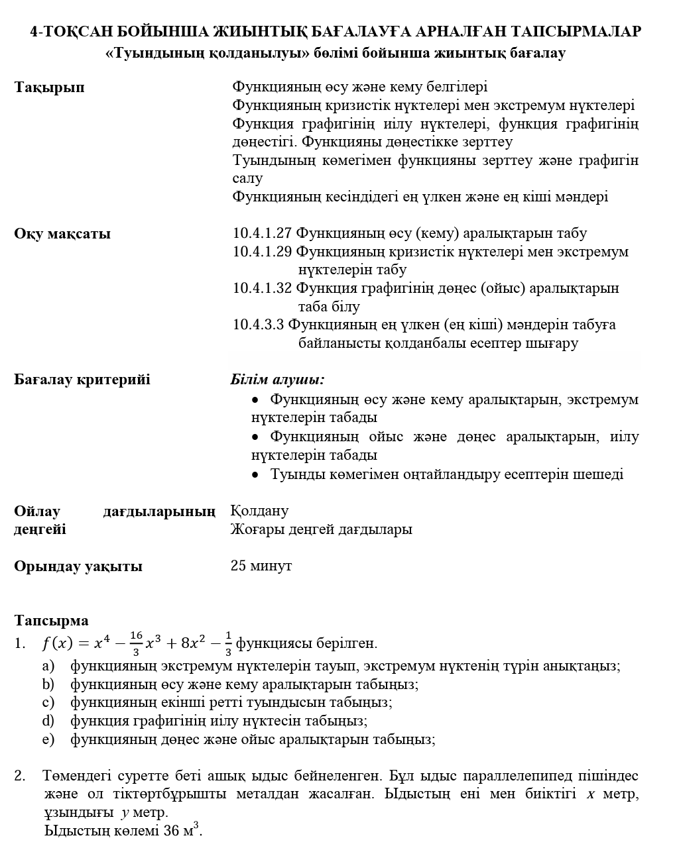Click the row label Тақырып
click(x=49, y=87)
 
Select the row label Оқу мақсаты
click(x=62, y=234)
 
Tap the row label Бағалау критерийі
click(x=82, y=380)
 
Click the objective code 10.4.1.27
click(x=263, y=233)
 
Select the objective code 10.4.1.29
click(x=263, y=252)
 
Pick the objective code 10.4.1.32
click(x=263, y=288)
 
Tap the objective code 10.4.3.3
click(x=259, y=325)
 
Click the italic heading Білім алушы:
click(x=277, y=380)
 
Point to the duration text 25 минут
click(x=261, y=566)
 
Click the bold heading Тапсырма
click(x=51, y=621)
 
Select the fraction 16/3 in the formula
click(x=136, y=643)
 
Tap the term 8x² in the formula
click(x=193, y=643)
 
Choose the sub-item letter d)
click(x=48, y=721)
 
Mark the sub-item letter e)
click(x=48, y=739)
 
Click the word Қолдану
click(x=259, y=511)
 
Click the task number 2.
click(x=20, y=776)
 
